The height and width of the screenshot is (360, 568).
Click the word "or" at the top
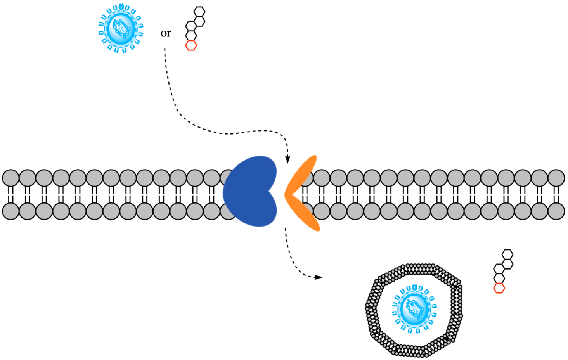pyautogui.click(x=166, y=33)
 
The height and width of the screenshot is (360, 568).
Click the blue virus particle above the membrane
pyautogui.click(x=121, y=28)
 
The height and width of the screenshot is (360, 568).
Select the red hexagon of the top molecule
pyautogui.click(x=191, y=45)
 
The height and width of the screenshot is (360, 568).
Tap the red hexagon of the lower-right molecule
pyautogui.click(x=499, y=288)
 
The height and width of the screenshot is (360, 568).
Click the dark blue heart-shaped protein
pyautogui.click(x=250, y=191)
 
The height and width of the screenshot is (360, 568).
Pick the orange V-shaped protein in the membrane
pyautogui.click(x=302, y=193)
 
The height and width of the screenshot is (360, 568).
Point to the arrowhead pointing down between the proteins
pyautogui.click(x=287, y=159)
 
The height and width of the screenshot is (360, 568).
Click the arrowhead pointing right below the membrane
pyautogui.click(x=318, y=277)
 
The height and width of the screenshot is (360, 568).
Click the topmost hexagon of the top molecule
pyautogui.click(x=199, y=12)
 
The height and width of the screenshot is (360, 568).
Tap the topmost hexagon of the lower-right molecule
pyautogui.click(x=507, y=254)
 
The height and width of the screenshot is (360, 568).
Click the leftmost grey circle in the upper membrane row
pyautogui.click(x=10, y=178)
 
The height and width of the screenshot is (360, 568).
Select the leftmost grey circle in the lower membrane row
pyautogui.click(x=10, y=211)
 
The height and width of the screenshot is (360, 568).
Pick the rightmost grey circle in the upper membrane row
pyautogui.click(x=557, y=178)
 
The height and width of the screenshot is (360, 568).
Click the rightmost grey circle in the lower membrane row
pyautogui.click(x=557, y=211)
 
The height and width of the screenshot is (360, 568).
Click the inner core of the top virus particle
pyautogui.click(x=121, y=29)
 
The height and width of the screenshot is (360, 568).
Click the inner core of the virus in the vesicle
pyautogui.click(x=415, y=309)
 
